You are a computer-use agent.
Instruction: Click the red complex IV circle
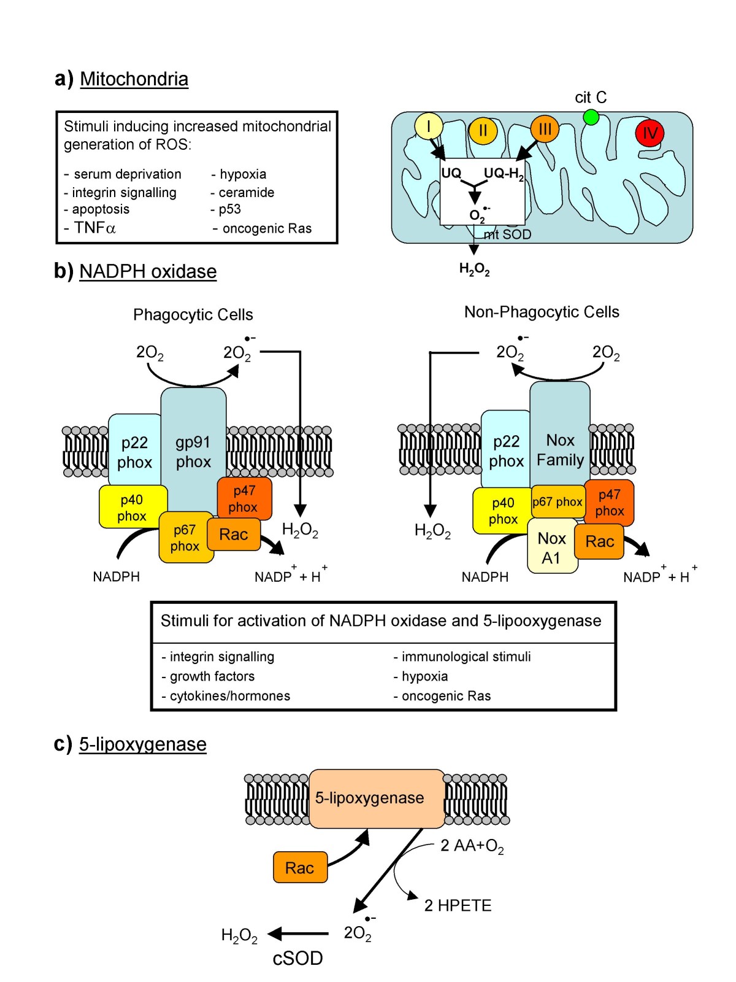649,133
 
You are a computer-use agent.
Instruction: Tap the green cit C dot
591,117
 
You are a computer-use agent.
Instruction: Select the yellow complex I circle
428,126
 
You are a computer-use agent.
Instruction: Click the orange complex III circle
544,129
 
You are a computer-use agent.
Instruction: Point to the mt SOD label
507,234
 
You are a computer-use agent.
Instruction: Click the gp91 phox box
193,452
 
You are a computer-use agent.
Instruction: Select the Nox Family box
560,449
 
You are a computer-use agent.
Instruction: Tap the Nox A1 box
551,547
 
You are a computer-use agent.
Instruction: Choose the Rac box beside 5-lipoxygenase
299,867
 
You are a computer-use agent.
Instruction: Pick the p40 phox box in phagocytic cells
132,508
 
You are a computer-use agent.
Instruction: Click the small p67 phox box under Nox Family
557,501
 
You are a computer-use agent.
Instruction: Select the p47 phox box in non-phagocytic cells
609,503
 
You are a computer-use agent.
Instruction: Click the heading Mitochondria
134,79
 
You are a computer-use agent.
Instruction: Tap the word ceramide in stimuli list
247,193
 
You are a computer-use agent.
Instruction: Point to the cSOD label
297,958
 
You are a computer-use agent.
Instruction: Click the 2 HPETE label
458,906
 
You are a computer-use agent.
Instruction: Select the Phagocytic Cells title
193,315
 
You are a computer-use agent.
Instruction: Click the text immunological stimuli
466,657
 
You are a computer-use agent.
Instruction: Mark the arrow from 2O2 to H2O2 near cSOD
299,934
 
